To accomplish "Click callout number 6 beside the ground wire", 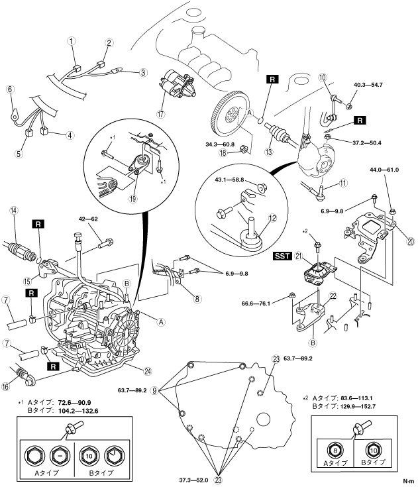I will [9, 88].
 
